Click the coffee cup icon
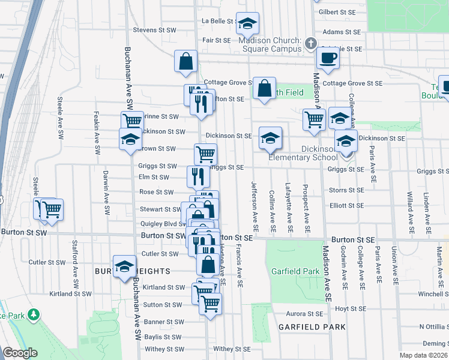pyautogui.click(x=328, y=58)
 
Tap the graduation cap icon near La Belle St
pyautogui.click(x=247, y=23)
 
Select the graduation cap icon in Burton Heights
pyautogui.click(x=124, y=266)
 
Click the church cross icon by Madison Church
pyautogui.click(x=310, y=43)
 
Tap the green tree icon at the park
pyautogui.click(x=34, y=314)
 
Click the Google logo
pyautogui.click(x=20, y=353)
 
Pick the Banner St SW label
pyautogui.click(x=163, y=322)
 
